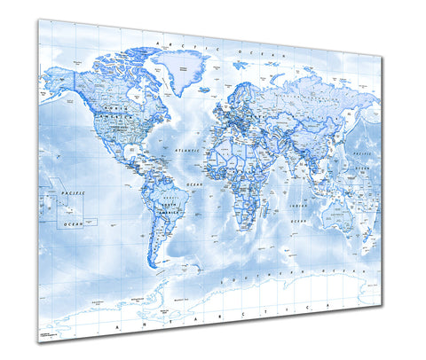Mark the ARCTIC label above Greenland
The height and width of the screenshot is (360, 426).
pos(168,42)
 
